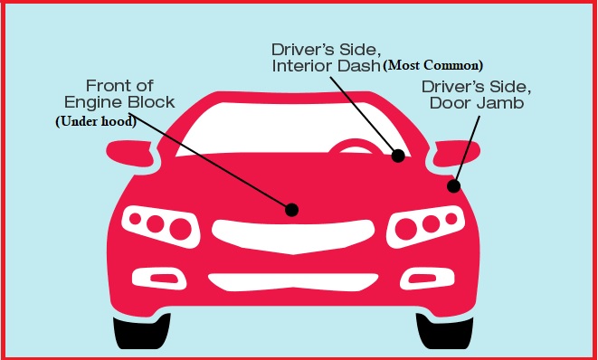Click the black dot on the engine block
(x=291, y=209)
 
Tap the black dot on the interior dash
(x=397, y=156)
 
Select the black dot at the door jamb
(x=453, y=186)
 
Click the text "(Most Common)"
(x=434, y=65)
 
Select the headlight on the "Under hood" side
(x=158, y=223)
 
